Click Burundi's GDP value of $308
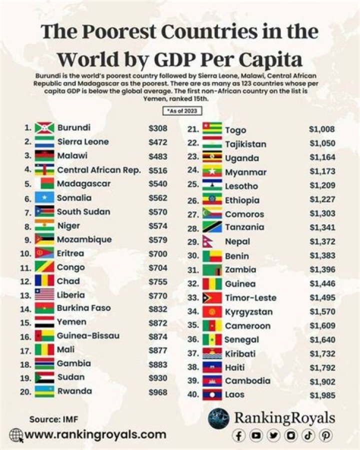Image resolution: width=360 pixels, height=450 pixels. (157, 128)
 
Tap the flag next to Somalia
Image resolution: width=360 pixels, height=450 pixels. (44, 198)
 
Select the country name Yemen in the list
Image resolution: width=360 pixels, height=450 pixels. (71, 322)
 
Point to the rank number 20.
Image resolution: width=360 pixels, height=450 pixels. (24, 392)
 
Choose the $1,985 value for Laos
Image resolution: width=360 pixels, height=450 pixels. (321, 395)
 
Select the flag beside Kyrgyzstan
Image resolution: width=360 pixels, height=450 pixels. (212, 312)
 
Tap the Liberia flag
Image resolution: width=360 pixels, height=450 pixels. (44, 295)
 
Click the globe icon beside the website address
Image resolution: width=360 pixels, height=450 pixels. (16, 434)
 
